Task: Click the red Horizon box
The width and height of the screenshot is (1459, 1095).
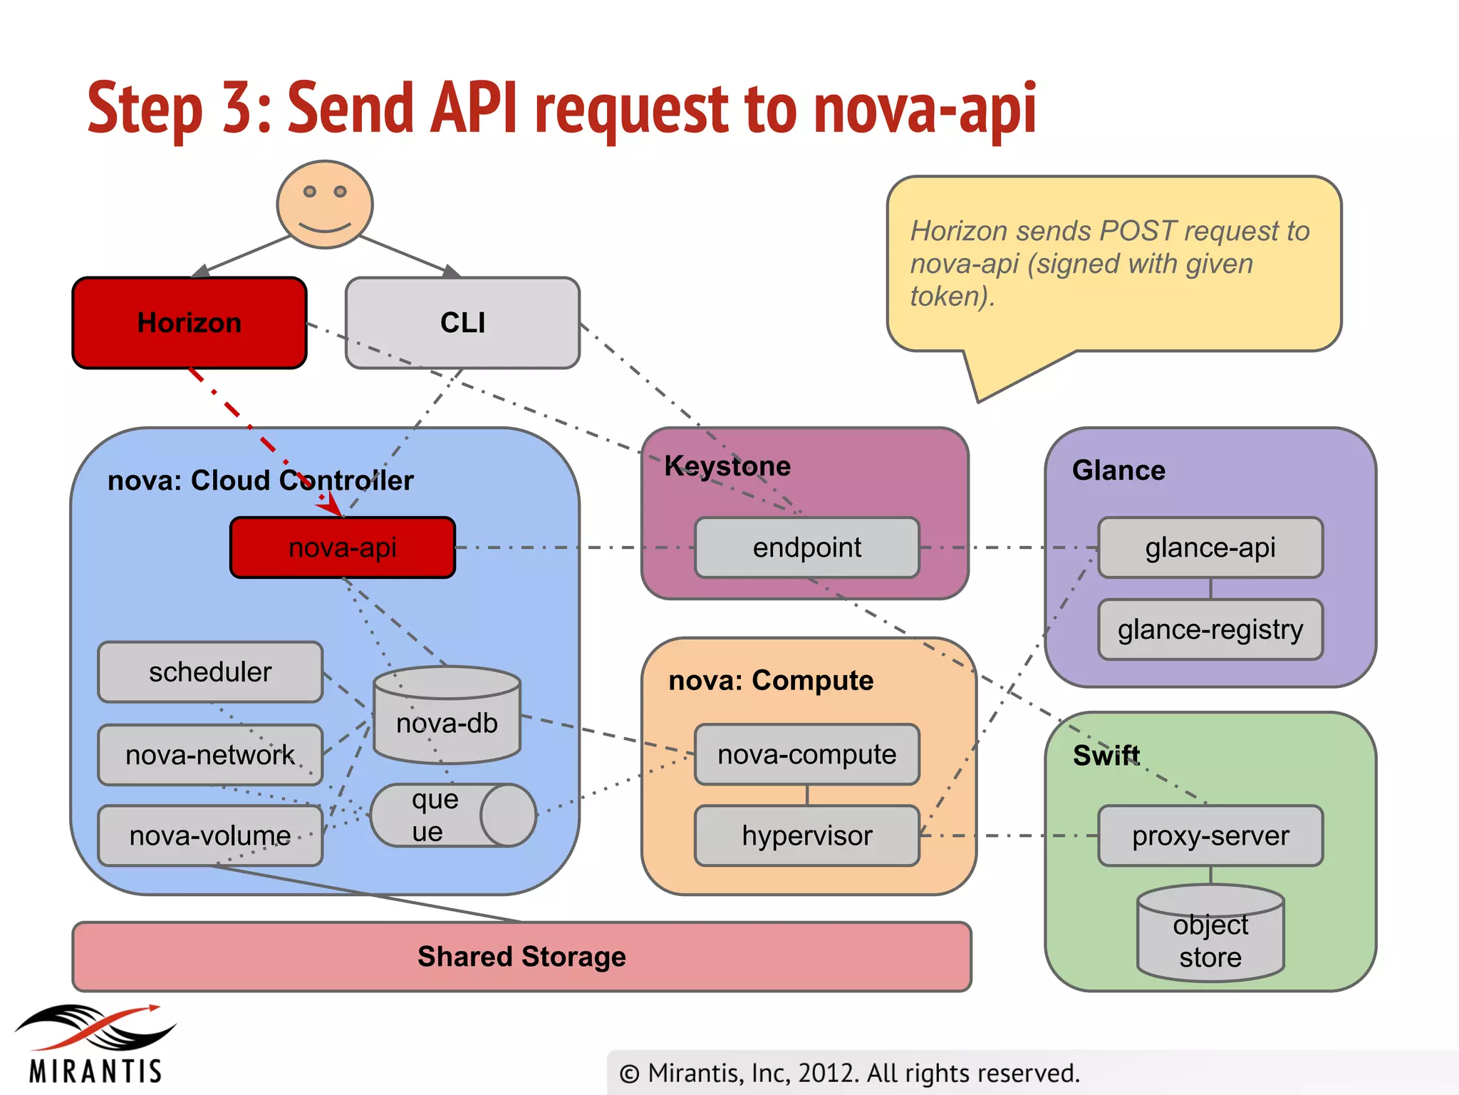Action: point(189,323)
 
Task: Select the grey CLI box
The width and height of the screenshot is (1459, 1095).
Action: point(462,323)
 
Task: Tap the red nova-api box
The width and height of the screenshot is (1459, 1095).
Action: point(342,547)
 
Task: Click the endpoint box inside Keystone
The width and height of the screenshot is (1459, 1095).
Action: point(806,547)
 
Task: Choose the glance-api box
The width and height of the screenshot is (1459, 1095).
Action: point(1210,547)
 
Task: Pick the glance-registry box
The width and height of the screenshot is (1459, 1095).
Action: point(1210,629)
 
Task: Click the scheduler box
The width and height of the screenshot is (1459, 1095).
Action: point(210,672)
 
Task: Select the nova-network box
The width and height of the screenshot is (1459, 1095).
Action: point(210,755)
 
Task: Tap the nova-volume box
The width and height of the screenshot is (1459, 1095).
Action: point(210,836)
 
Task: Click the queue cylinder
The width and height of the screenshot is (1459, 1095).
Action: point(452,816)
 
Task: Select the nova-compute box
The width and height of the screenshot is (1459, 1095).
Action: point(806,754)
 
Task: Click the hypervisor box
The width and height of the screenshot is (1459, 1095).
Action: point(806,836)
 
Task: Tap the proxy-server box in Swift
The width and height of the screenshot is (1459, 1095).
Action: point(1210,836)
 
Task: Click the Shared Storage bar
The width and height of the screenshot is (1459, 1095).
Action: point(521,957)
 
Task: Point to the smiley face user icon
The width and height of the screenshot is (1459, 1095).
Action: point(325,204)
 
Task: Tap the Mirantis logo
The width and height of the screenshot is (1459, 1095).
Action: point(95,1044)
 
